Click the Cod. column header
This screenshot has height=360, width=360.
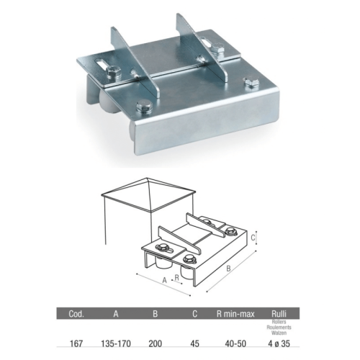(x=76, y=314)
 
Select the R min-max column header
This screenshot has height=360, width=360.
(x=235, y=314)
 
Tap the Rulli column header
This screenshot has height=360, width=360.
(x=279, y=314)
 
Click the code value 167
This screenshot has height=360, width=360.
(x=76, y=343)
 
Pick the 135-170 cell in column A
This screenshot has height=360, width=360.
(x=116, y=343)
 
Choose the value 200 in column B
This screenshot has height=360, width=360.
(x=156, y=343)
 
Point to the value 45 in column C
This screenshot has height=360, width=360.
(x=194, y=343)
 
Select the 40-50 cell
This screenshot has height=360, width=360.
(x=235, y=343)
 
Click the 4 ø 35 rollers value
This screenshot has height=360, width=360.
(x=279, y=343)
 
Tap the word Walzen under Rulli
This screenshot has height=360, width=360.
(x=279, y=333)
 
